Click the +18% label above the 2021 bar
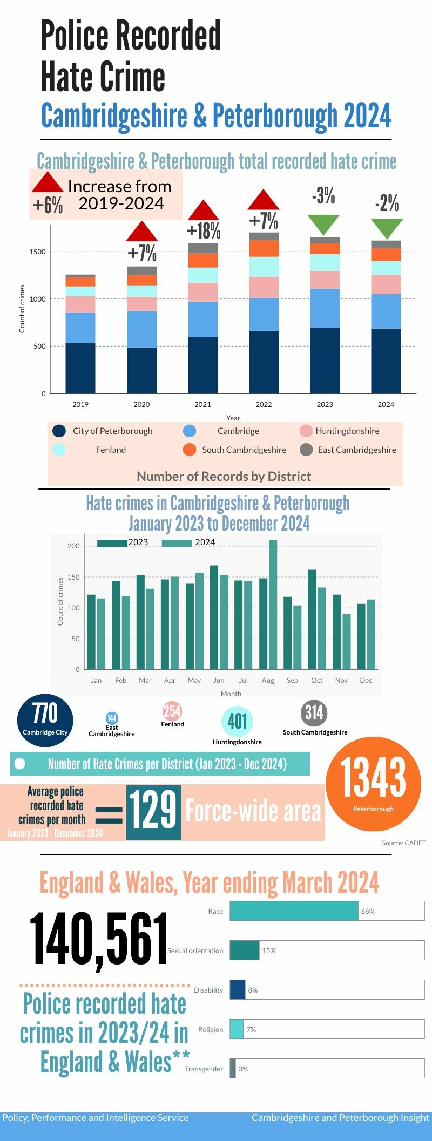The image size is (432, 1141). (x=204, y=231)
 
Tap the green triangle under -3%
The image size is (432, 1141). (x=323, y=223)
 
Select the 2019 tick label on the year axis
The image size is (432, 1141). (x=80, y=404)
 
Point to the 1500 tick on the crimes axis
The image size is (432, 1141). (x=38, y=252)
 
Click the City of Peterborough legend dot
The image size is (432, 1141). (x=59, y=431)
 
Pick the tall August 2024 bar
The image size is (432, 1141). (x=273, y=604)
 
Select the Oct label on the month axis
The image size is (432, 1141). (x=317, y=680)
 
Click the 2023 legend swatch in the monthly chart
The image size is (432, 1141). (x=112, y=543)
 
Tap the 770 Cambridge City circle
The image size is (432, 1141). (x=45, y=720)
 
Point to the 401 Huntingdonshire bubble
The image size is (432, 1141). (x=237, y=721)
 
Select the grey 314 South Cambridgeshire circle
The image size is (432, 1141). (x=314, y=712)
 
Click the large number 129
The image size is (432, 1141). (x=153, y=811)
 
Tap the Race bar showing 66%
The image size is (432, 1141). (x=294, y=911)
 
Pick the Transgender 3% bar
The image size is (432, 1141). (x=233, y=1068)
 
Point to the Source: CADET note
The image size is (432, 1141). (x=403, y=843)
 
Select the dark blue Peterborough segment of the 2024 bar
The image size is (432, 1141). (x=386, y=360)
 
